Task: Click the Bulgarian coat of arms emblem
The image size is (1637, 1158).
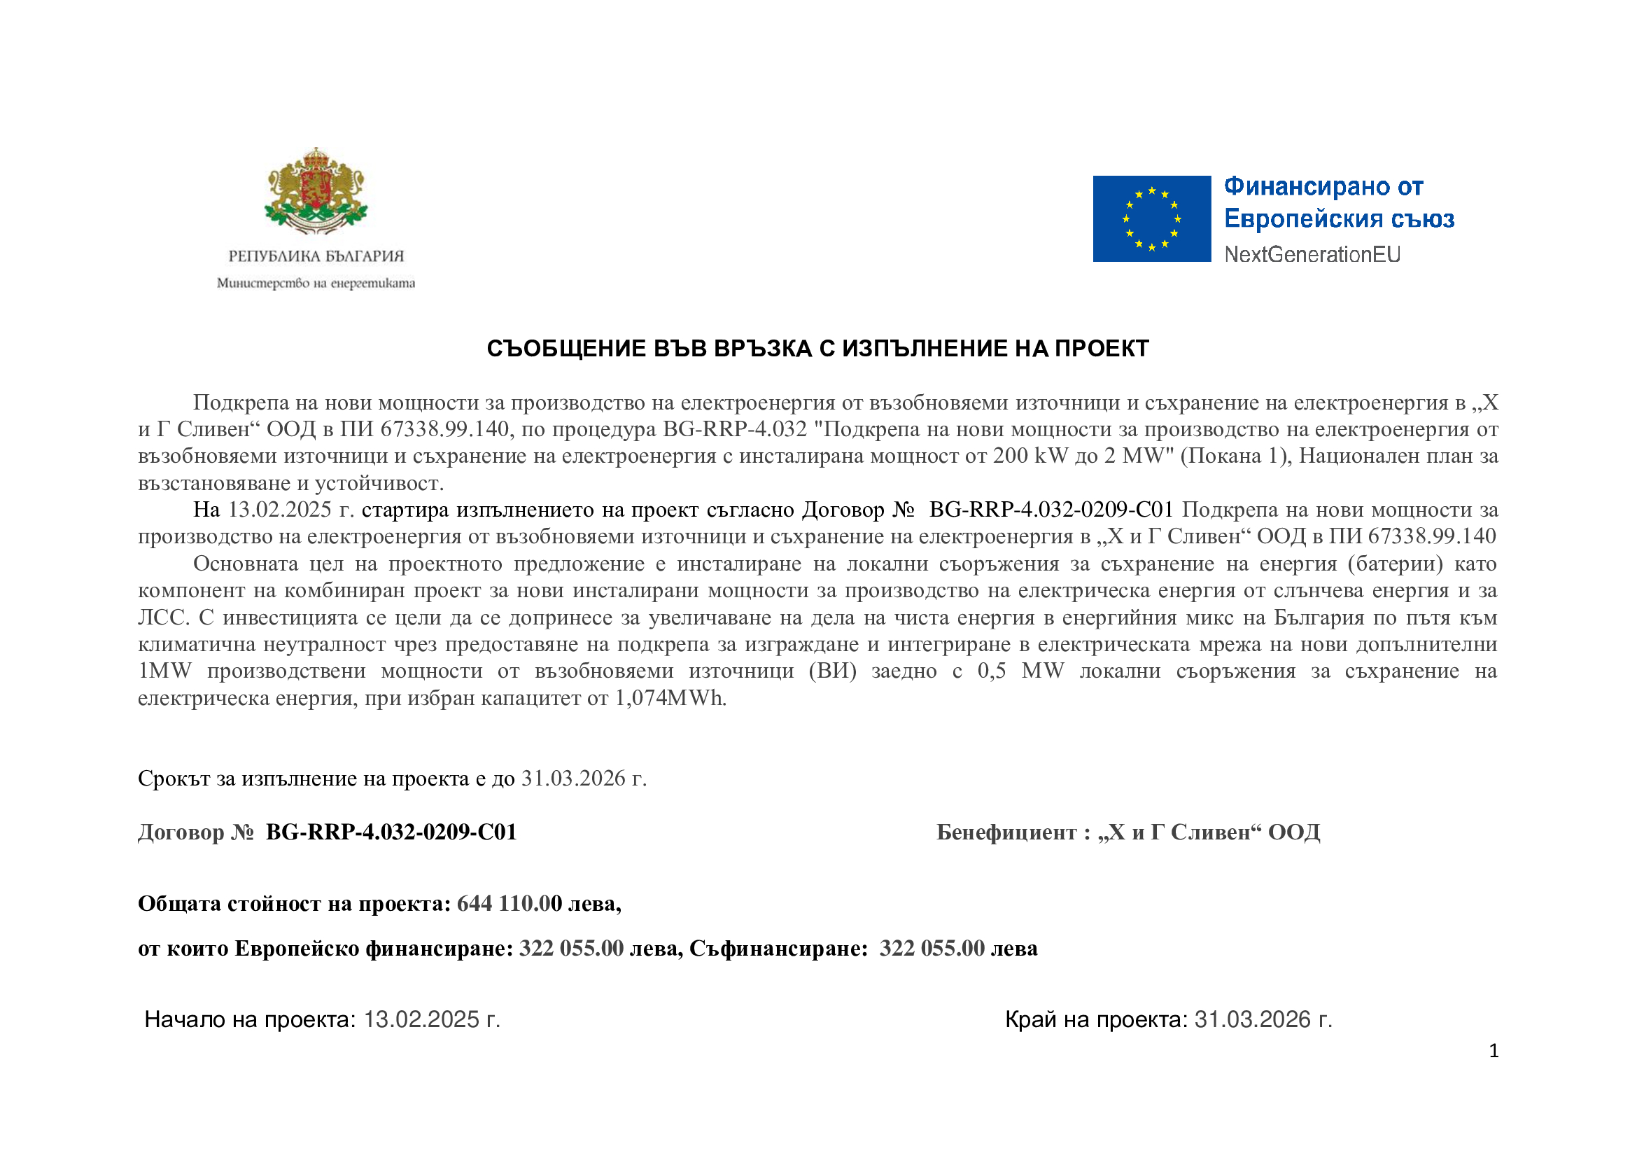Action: click(x=316, y=190)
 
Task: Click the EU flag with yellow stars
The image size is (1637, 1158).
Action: click(x=1151, y=219)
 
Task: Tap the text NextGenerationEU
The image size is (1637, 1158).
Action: click(x=1312, y=255)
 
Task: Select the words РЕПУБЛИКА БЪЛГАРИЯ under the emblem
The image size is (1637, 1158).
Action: click(x=316, y=256)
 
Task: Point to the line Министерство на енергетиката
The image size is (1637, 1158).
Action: click(x=316, y=284)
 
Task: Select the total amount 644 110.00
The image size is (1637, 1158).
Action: click(x=509, y=904)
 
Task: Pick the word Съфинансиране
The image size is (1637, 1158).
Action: click(x=778, y=949)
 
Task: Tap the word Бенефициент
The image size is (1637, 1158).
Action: click(x=1006, y=833)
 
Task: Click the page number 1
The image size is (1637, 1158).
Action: click(x=1494, y=1051)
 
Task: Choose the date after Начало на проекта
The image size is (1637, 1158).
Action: click(x=431, y=1020)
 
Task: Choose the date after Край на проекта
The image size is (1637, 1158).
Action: click(x=1263, y=1020)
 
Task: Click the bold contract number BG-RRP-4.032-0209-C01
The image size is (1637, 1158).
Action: click(x=391, y=833)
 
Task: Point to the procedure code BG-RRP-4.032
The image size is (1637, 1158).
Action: click(x=734, y=430)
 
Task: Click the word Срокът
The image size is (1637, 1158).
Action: click(x=174, y=779)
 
